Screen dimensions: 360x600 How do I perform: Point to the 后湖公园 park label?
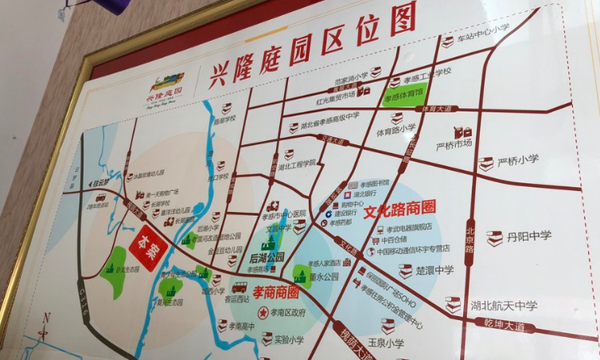point(266,258)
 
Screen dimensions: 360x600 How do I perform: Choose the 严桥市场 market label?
point(454,146)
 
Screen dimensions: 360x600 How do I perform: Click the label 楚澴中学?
point(435,270)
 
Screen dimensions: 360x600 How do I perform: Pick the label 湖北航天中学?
point(503,305)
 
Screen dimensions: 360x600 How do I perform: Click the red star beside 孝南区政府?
point(262,311)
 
